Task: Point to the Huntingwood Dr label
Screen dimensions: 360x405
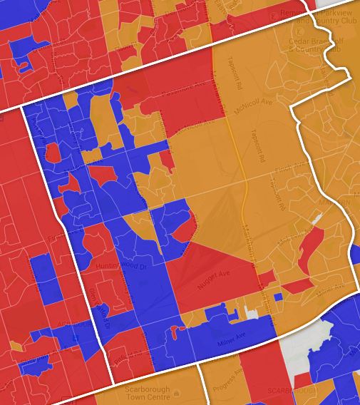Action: (120, 266)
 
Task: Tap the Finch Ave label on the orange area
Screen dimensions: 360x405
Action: (299, 165)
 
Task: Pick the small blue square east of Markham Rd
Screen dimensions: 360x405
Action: (278, 297)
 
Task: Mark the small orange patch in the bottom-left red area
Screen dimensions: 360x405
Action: (16, 347)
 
